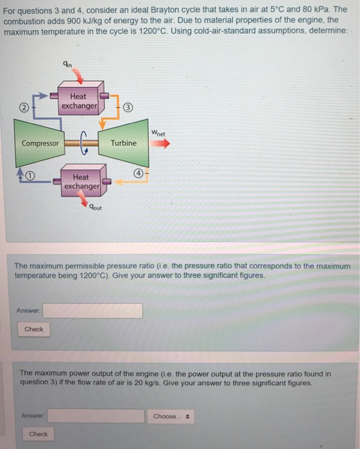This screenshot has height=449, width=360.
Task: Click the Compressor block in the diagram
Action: tap(40, 143)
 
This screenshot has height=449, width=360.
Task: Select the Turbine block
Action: tap(123, 143)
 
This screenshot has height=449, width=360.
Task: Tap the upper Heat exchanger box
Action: tap(78, 101)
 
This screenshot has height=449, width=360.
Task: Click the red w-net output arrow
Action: tap(160, 144)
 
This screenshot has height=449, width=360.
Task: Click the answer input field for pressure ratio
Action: tap(93, 311)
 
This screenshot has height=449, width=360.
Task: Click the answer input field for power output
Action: tap(96, 416)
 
